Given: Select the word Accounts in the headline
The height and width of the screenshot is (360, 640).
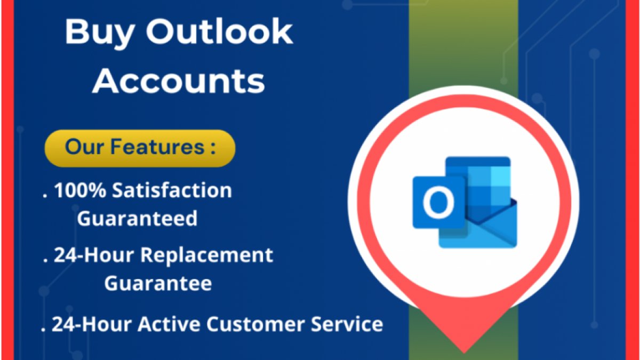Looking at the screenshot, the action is point(179,81).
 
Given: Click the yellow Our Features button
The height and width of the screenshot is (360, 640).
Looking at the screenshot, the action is point(140,148).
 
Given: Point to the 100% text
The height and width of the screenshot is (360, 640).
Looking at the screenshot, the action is point(80,190).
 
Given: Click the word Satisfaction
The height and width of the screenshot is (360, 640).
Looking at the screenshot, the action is point(172,190).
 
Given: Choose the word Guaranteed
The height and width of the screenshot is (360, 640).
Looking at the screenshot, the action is point(137,218).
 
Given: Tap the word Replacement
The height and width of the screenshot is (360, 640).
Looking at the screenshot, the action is point(206,255).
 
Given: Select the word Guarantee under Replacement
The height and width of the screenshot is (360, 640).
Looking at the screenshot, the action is point(158,283).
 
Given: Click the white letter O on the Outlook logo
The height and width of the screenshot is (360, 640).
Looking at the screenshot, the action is point(438,202).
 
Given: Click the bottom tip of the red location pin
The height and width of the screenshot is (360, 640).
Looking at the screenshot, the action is point(464,353).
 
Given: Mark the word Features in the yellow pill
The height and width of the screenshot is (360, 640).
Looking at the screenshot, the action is point(157,147).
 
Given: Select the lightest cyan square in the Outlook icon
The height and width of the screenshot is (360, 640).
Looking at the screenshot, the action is point(501,177).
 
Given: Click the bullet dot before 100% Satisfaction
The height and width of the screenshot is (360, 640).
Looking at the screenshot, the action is point(44,196).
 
